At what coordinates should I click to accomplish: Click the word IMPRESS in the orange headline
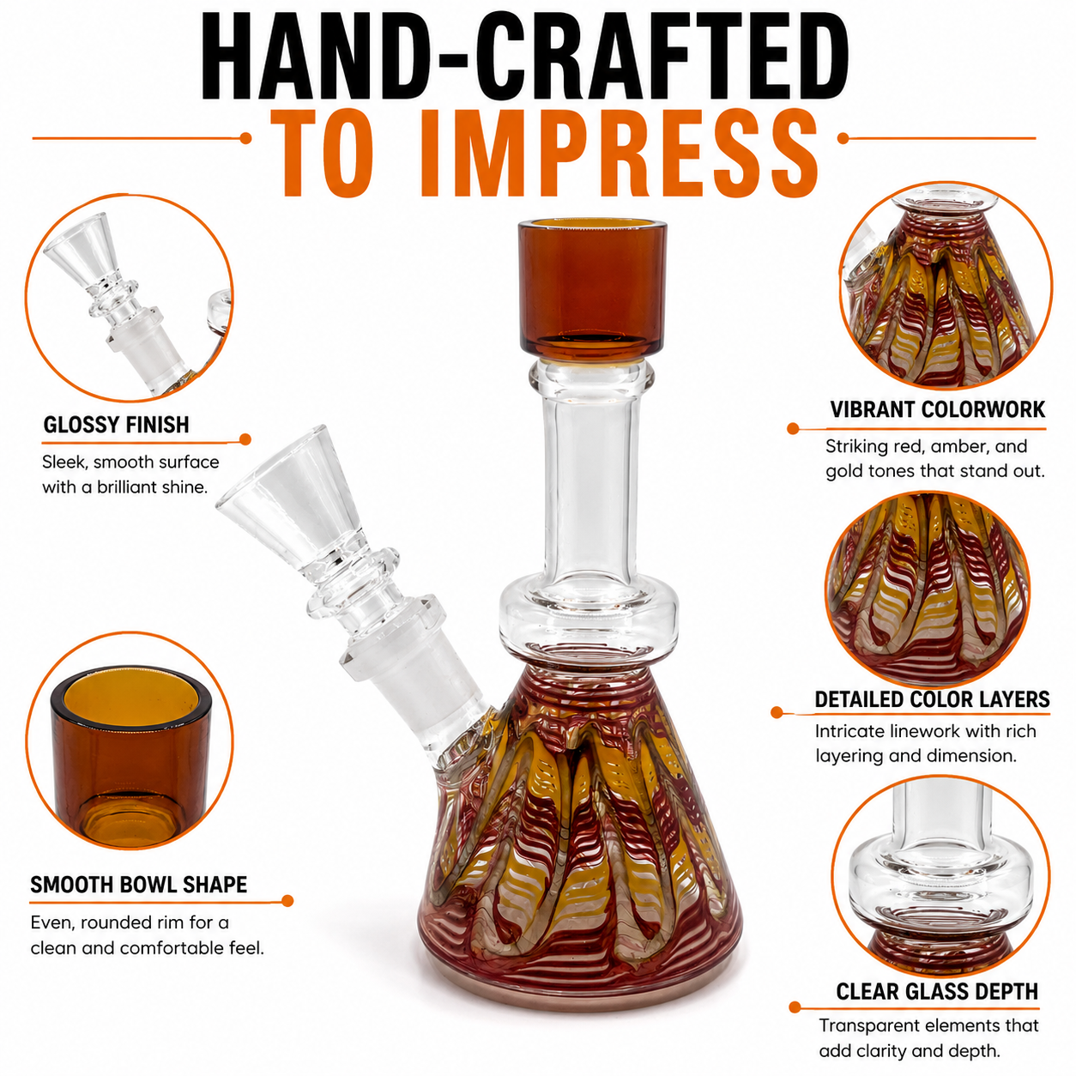click(x=619, y=153)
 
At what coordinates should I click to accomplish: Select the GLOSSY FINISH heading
click(x=116, y=425)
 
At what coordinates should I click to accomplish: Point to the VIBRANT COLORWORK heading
click(x=937, y=409)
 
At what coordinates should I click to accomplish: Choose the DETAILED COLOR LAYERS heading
click(x=932, y=699)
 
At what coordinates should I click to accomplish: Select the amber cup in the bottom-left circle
click(x=131, y=758)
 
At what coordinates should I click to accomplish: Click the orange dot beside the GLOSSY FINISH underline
click(x=245, y=440)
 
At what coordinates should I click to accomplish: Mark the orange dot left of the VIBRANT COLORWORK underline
click(x=793, y=429)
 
